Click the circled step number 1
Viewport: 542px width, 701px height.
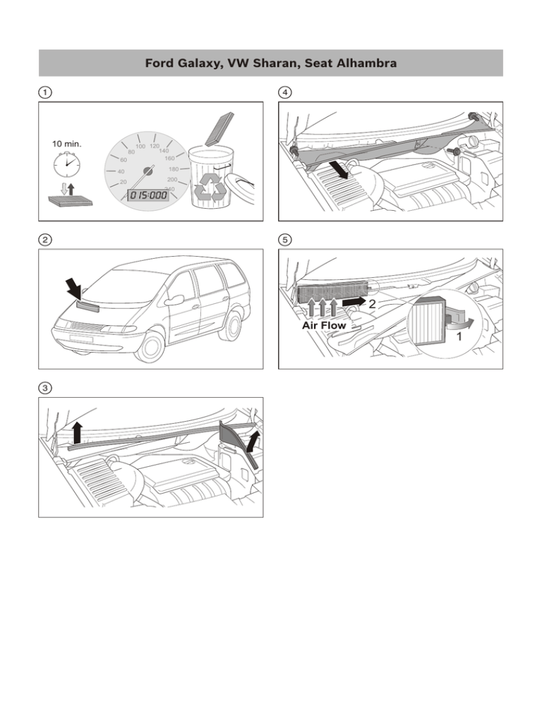point(44,92)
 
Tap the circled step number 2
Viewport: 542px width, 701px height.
point(44,239)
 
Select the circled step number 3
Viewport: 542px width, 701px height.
point(44,387)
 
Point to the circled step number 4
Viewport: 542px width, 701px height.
point(286,92)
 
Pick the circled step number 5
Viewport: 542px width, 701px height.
point(286,239)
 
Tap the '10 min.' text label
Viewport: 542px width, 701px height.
point(67,144)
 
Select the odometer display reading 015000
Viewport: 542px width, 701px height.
point(147,195)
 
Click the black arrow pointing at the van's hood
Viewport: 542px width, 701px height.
point(74,287)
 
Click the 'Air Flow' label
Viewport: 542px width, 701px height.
point(324,326)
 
